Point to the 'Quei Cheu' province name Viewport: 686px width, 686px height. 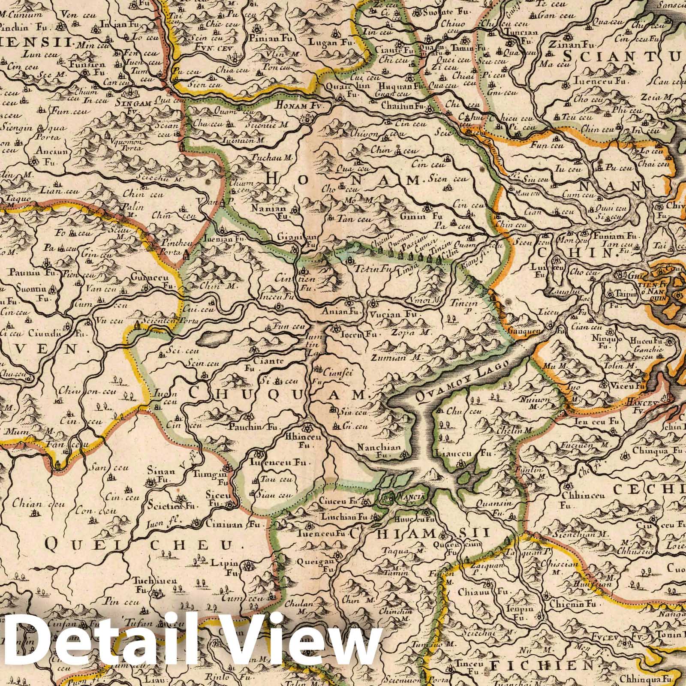141,545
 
